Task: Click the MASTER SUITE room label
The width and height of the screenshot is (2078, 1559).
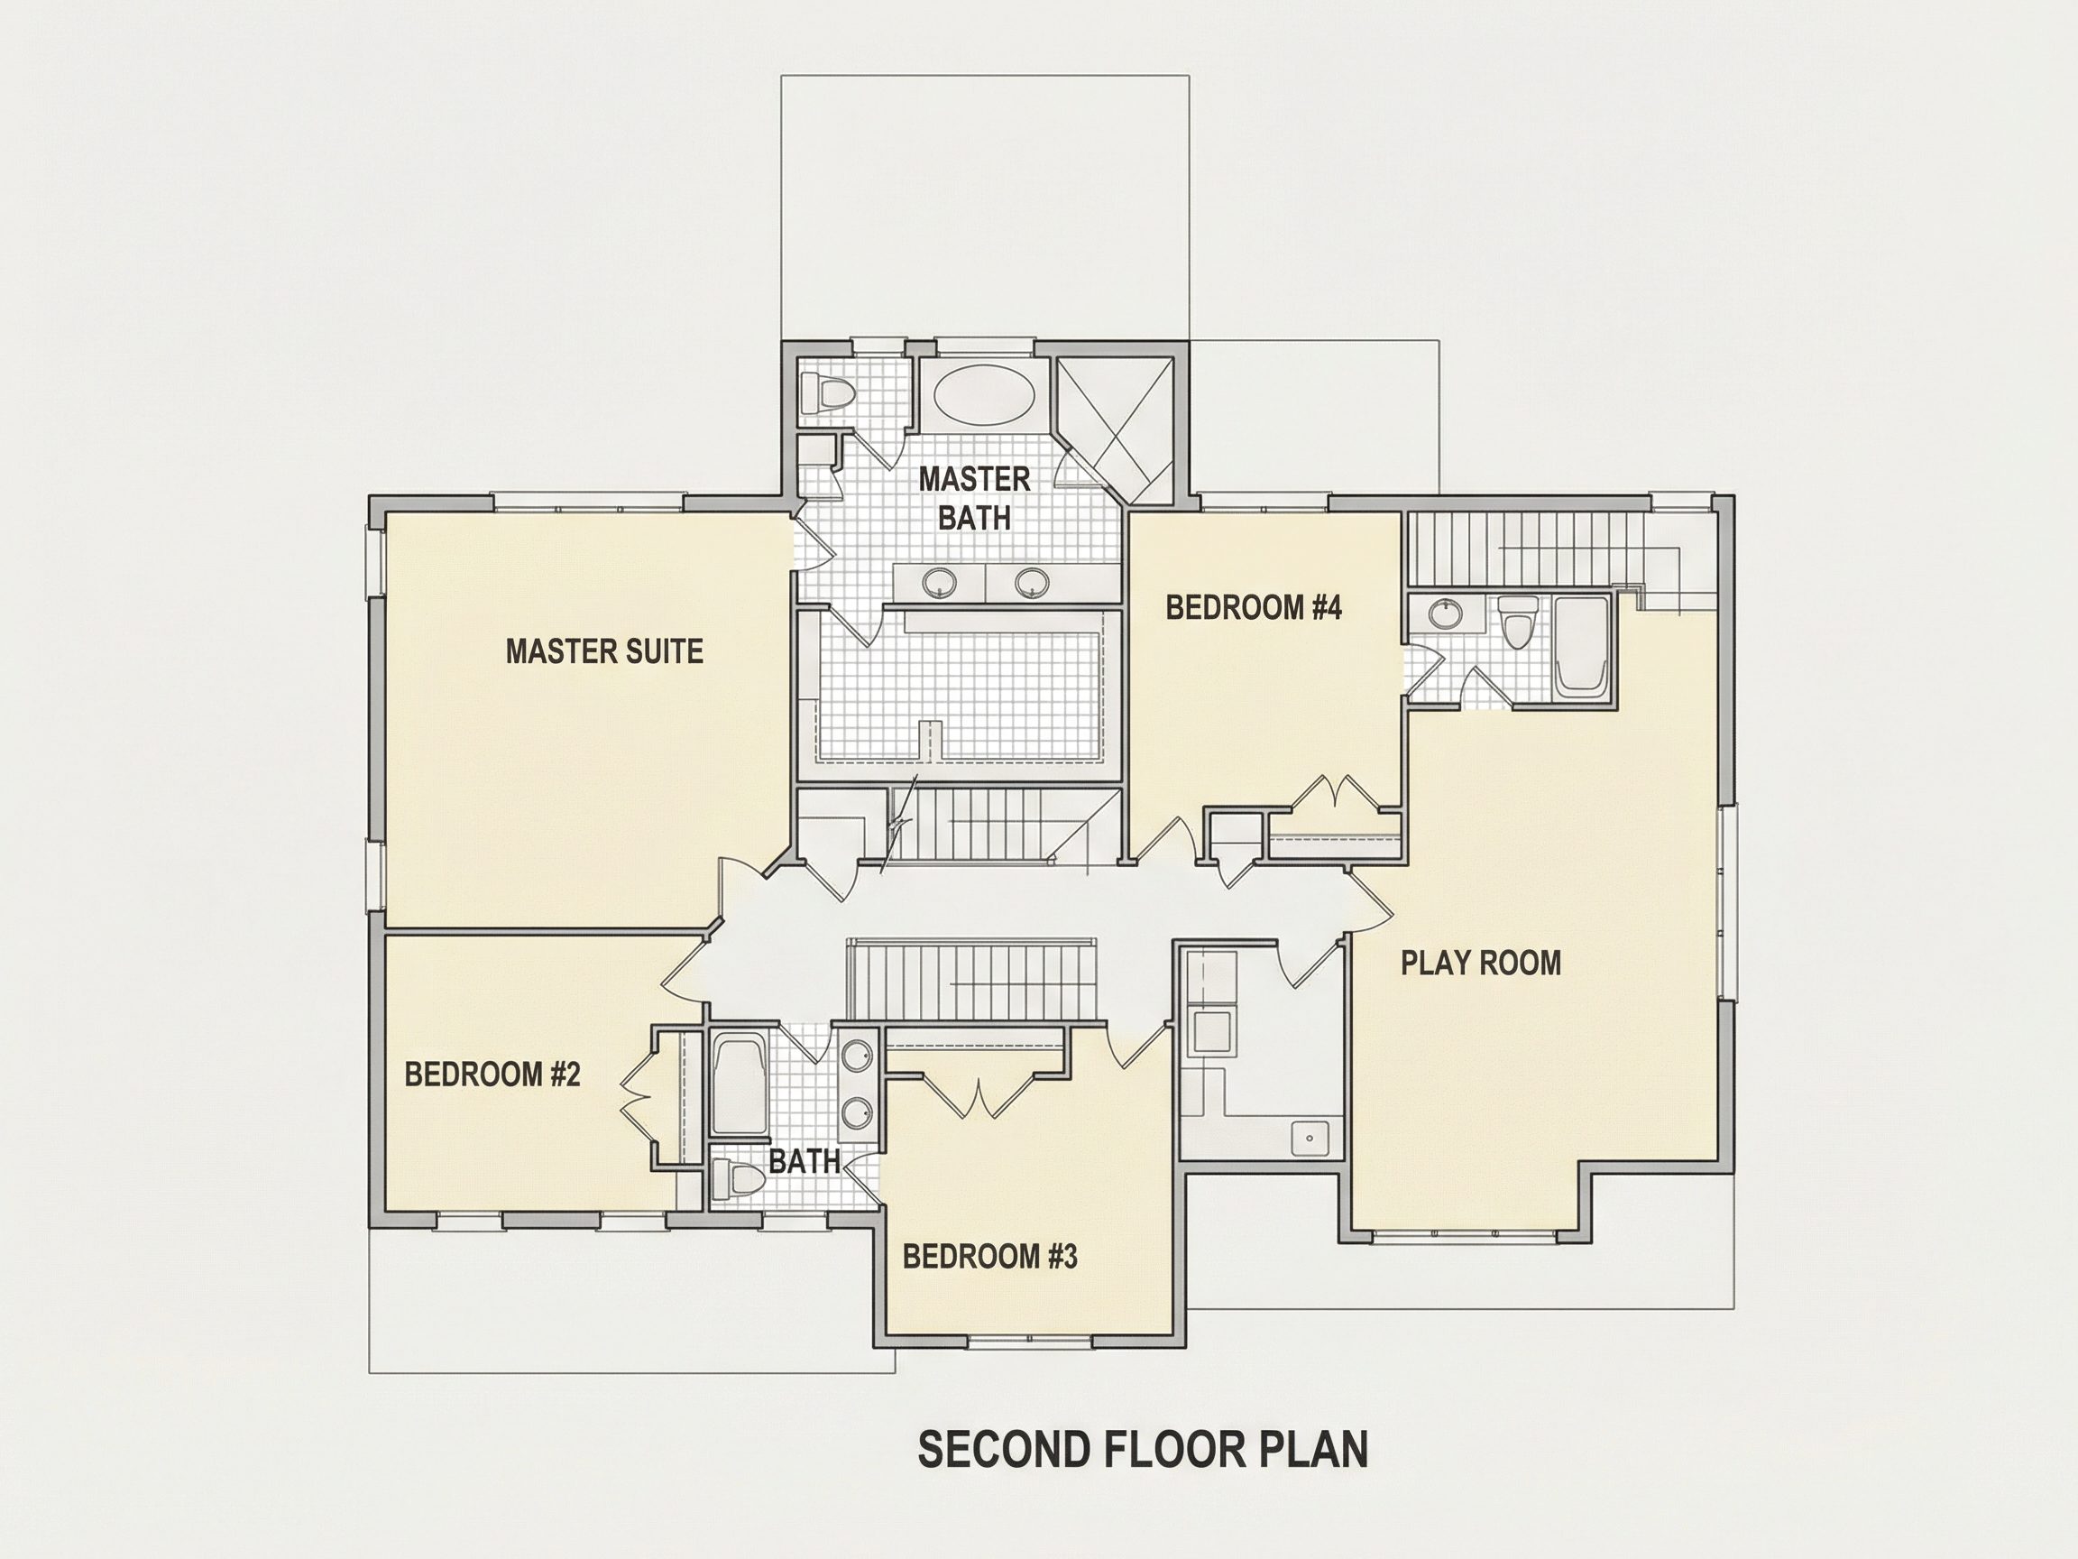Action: (604, 651)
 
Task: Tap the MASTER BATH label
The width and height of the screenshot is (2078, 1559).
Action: (974, 498)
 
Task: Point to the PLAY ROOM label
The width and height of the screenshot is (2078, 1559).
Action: (1481, 963)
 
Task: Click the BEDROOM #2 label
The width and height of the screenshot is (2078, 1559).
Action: (492, 1075)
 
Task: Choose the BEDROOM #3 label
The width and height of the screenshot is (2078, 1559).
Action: (989, 1257)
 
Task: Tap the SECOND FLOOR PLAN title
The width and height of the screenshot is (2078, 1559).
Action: (1143, 1449)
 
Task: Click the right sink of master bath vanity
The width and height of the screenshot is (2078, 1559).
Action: (1032, 583)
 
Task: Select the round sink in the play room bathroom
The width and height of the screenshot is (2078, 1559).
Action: (1444, 614)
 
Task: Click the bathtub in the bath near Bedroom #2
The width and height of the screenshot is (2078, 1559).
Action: (738, 1085)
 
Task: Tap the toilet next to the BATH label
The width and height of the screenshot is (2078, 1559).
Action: (736, 1178)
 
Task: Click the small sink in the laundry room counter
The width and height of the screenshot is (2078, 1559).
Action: (1310, 1138)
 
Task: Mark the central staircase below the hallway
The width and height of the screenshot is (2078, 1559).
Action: (972, 980)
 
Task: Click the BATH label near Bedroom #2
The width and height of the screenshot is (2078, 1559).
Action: (805, 1161)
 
